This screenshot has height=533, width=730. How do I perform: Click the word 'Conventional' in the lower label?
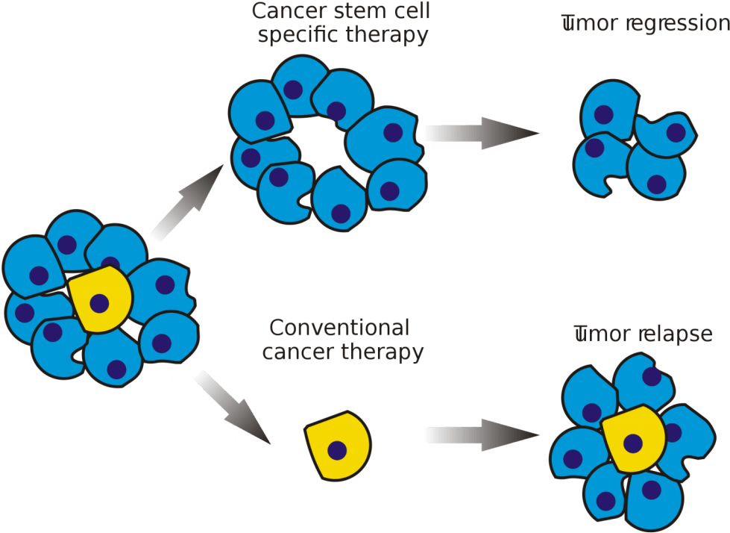tap(340, 328)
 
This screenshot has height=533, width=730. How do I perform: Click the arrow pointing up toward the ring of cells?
tap(186, 203)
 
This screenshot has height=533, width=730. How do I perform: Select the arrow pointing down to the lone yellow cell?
tap(224, 407)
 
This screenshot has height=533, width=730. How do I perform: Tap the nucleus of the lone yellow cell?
tap(337, 450)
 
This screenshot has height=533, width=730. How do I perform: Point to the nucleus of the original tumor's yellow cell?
tap(99, 303)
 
